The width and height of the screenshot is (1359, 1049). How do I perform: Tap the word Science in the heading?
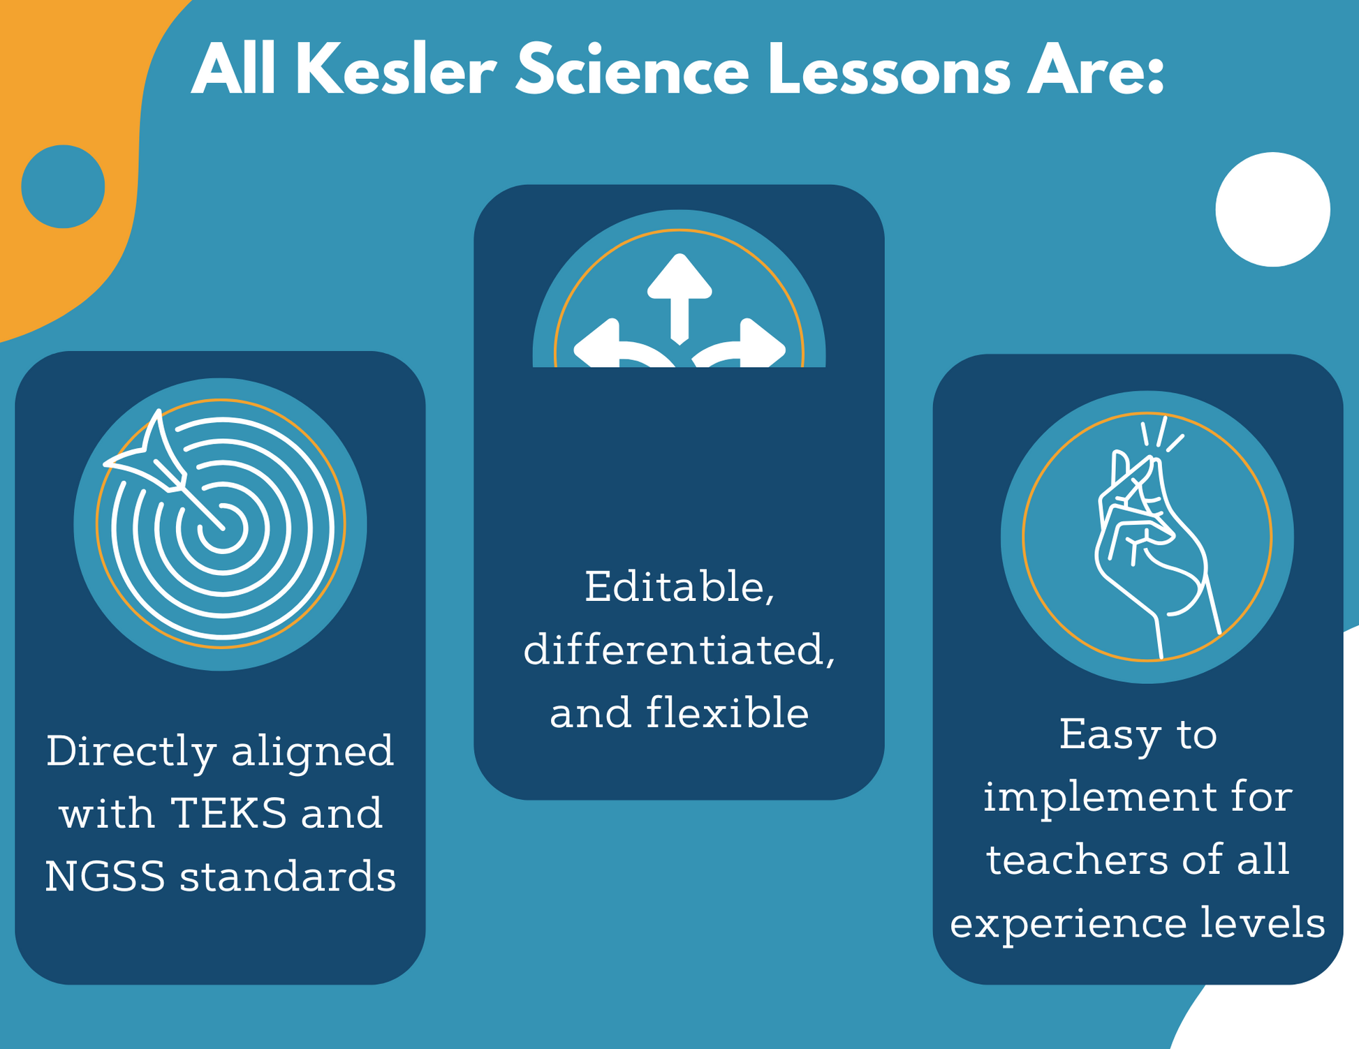pos(632,70)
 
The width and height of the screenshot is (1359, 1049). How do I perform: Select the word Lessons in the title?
pos(889,70)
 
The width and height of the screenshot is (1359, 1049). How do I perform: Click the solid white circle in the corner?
pos(1272,209)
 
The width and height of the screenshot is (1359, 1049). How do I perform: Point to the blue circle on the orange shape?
pos(63,186)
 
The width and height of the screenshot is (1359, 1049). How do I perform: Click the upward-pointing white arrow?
pos(679,298)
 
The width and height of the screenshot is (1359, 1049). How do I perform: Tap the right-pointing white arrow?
pos(740,345)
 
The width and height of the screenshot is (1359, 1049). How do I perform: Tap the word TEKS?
pos(228,814)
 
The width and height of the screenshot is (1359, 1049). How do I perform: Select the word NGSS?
pos(105,877)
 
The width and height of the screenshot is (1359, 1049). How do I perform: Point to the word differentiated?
pos(679,650)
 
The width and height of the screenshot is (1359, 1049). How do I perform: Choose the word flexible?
pos(727,713)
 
